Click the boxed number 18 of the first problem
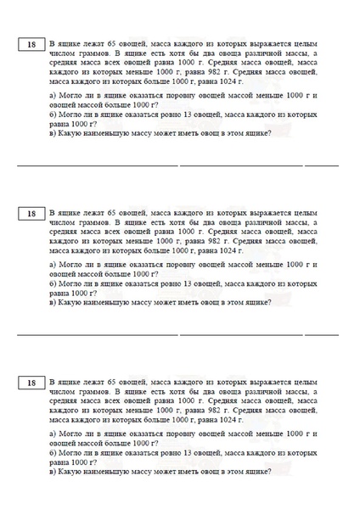click(31, 45)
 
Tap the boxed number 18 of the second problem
click(31, 214)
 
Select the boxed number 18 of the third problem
click(31, 383)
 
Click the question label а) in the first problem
click(53, 96)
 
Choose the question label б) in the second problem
click(53, 283)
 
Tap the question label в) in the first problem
click(53, 132)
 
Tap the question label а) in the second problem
click(53, 265)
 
